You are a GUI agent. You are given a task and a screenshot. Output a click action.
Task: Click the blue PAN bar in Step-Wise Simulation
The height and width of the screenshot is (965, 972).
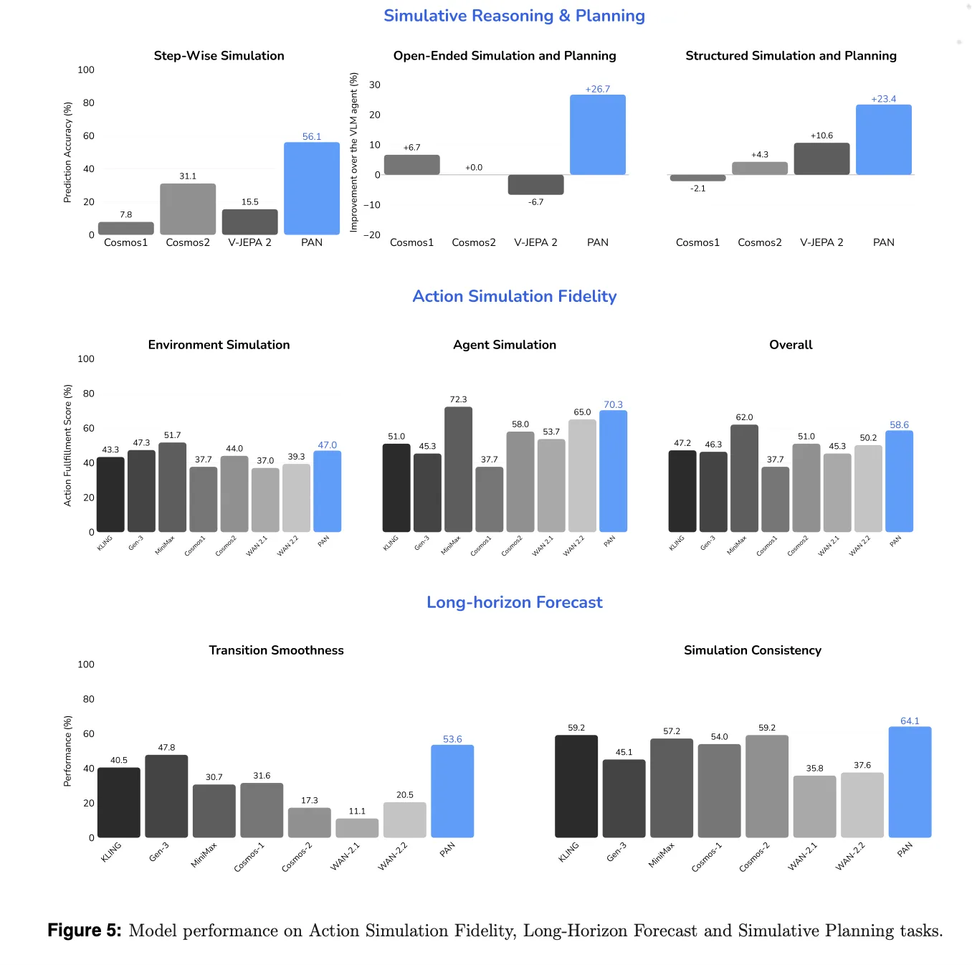point(311,189)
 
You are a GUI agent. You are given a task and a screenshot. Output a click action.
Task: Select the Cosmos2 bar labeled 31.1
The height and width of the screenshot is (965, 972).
point(188,209)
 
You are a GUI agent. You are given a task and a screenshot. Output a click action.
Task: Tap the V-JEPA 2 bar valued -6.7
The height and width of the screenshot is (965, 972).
point(535,184)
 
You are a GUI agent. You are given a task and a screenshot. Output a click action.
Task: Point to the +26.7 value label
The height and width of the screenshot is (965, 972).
point(597,89)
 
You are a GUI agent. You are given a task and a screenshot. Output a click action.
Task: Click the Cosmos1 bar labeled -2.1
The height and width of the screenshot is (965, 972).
point(697,178)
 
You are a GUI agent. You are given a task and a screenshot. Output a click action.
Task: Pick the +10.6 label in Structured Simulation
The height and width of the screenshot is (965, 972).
point(821,136)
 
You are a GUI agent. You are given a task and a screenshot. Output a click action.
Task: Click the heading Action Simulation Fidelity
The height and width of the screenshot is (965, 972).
point(514,296)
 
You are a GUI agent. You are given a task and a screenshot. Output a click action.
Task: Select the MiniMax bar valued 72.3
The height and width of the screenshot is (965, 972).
point(458,469)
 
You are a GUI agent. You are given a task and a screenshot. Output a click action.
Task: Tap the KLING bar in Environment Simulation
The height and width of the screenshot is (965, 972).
point(110,494)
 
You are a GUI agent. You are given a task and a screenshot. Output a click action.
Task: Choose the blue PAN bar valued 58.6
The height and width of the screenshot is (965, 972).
point(899,481)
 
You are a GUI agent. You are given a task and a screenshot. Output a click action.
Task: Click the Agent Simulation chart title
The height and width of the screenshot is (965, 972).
point(504,345)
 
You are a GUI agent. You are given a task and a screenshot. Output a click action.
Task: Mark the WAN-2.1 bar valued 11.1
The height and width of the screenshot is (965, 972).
point(357,828)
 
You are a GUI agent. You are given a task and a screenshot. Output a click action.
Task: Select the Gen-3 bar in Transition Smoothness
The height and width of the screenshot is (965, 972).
point(166,796)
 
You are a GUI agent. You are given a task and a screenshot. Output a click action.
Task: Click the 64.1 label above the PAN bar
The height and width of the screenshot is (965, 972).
point(910,721)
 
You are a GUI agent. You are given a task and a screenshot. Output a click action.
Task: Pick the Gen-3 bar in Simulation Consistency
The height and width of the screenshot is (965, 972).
point(624,798)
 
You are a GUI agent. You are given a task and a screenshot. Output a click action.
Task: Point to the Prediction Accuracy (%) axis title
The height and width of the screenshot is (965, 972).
point(68,152)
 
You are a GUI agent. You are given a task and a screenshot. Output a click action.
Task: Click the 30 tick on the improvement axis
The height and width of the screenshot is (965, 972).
point(374,85)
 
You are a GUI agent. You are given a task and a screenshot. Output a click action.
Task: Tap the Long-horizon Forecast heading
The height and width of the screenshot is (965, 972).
point(514,602)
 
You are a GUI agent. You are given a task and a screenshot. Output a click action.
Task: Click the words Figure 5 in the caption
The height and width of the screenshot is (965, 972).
point(84,931)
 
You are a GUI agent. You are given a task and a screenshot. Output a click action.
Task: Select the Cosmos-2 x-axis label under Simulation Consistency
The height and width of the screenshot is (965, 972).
point(755,857)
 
